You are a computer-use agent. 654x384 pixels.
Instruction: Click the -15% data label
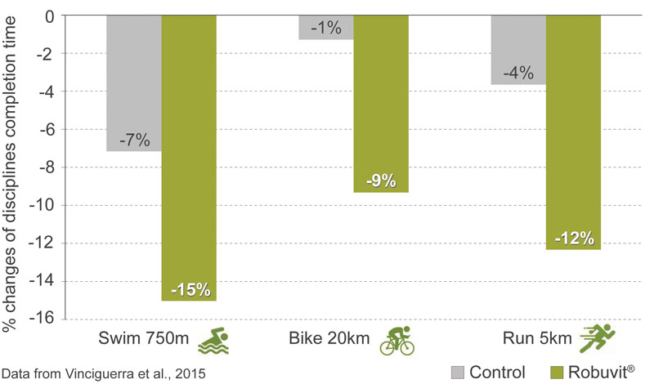190,289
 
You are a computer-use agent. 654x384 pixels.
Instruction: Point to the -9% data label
382,181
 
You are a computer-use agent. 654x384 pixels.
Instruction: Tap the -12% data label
574,239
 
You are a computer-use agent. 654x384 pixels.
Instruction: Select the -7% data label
134,139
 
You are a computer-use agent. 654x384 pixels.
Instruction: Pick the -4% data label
518,72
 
